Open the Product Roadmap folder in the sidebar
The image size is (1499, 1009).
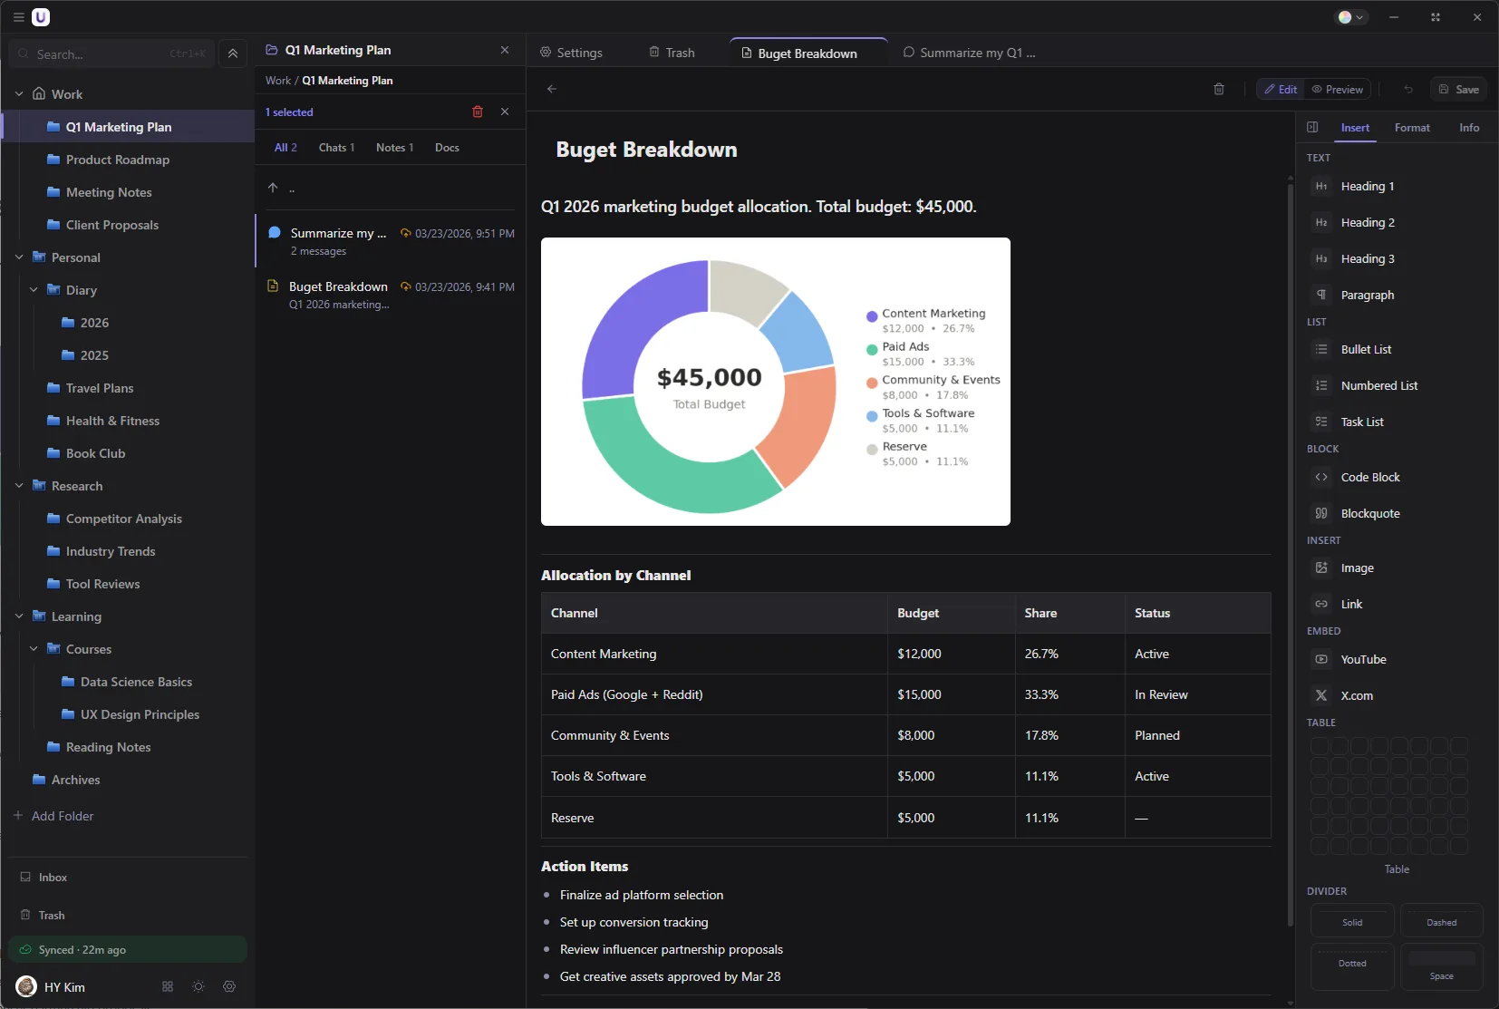(117, 160)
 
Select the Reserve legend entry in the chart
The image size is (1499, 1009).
(904, 447)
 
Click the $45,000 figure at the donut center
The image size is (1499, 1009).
(709, 377)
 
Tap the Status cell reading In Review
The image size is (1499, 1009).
(1160, 694)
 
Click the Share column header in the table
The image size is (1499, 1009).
(1040, 613)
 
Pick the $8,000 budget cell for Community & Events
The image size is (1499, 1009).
(915, 735)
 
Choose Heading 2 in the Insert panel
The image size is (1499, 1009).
(1367, 222)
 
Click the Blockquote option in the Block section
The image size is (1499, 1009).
(1369, 513)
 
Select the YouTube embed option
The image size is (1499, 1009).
(1362, 659)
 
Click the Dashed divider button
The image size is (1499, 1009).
(1441, 921)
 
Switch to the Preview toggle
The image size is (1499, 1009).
(1338, 89)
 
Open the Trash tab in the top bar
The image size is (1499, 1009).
(672, 53)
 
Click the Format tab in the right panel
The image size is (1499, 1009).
(1411, 128)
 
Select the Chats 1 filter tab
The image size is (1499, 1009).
(336, 148)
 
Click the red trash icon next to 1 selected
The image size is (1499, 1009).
(478, 112)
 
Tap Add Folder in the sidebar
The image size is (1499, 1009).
(62, 816)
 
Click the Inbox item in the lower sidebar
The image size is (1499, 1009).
(53, 878)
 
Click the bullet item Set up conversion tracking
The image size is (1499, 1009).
(633, 922)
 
